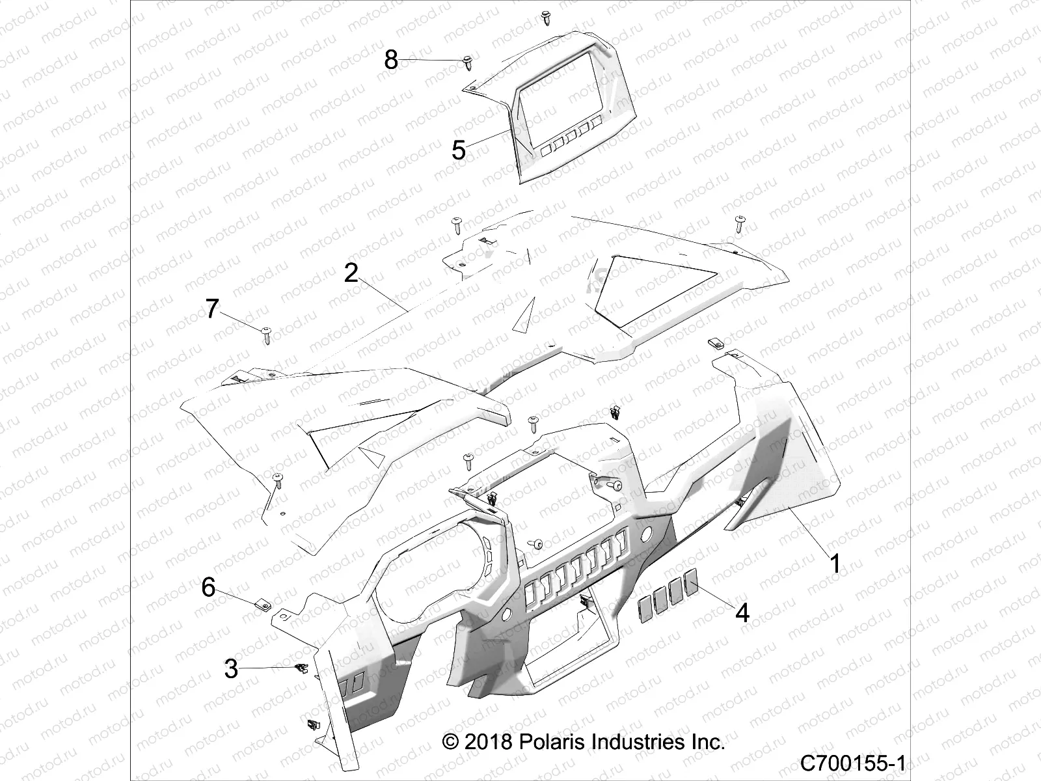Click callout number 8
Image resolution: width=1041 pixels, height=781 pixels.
point(390,60)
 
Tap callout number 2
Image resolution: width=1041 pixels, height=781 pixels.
point(351,273)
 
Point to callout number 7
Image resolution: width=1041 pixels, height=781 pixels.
point(212,308)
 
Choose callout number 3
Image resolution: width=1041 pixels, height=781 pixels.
point(231,668)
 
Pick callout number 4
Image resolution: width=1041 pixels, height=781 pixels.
point(742,612)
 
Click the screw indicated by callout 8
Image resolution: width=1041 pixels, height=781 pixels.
point(468,62)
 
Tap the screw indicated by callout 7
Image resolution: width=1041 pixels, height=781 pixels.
point(267,335)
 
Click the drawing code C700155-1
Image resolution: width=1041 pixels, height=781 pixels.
point(853,762)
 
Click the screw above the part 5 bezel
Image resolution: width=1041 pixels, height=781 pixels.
point(545,18)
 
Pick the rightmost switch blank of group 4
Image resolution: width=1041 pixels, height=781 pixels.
point(692,579)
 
